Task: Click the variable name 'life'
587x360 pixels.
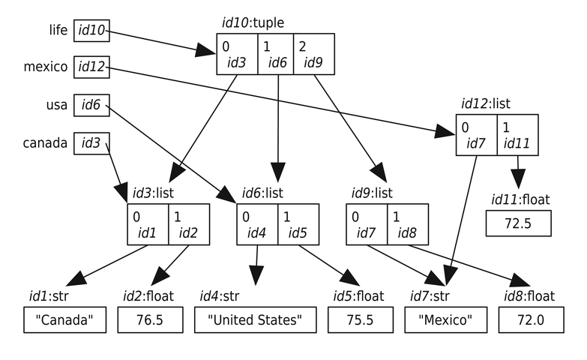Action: pyautogui.click(x=56, y=31)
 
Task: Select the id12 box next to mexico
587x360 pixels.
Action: pyautogui.click(x=90, y=67)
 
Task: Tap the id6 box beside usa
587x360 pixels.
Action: pyautogui.click(x=90, y=105)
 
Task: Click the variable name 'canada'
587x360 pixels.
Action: pyautogui.click(x=46, y=142)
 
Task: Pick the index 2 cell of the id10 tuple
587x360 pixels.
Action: pyautogui.click(x=313, y=55)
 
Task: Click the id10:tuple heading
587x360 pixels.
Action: pyautogui.click(x=253, y=22)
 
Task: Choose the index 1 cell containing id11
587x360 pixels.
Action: pyautogui.click(x=517, y=136)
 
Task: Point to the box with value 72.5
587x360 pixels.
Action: pyautogui.click(x=518, y=223)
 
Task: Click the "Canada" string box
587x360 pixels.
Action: pyautogui.click(x=64, y=321)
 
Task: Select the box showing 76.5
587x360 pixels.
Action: pyautogui.click(x=149, y=321)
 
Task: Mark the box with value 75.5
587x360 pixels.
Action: pyautogui.click(x=358, y=321)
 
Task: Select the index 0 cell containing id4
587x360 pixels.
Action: pyautogui.click(x=257, y=224)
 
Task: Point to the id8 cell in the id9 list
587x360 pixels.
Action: pyautogui.click(x=407, y=224)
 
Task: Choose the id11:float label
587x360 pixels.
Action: pyautogui.click(x=520, y=199)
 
